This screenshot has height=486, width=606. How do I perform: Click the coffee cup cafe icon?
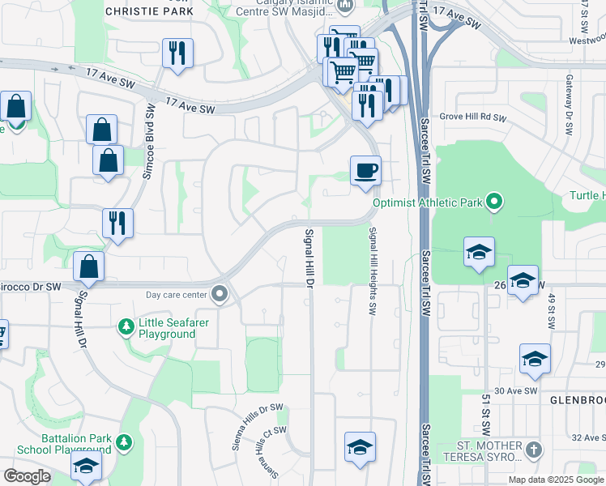pyautogui.click(x=365, y=171)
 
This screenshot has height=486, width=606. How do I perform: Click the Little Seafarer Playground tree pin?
pyautogui.click(x=126, y=326)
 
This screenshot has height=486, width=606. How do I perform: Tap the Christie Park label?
pyautogui.click(x=150, y=12)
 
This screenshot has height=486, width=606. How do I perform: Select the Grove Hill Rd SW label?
pyautogui.click(x=473, y=117)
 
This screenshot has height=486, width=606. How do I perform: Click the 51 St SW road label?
pyautogui.click(x=486, y=414)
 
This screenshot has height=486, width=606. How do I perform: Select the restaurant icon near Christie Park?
pyautogui.click(x=175, y=53)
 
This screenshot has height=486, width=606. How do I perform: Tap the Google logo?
pyautogui.click(x=27, y=476)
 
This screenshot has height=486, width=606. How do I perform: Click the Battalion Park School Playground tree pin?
pyautogui.click(x=123, y=442)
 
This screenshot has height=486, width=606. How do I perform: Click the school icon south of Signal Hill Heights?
pyautogui.click(x=360, y=447)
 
